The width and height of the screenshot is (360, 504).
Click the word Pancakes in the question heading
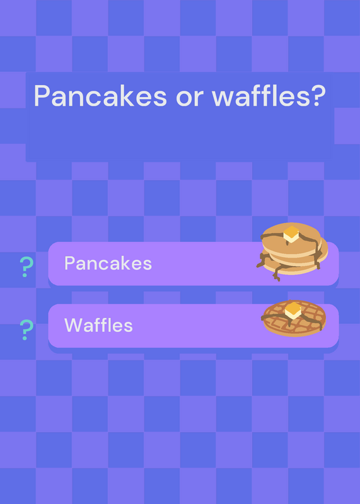click(100, 96)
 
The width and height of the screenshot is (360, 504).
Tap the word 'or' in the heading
click(190, 98)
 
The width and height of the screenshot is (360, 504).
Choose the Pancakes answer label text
click(108, 263)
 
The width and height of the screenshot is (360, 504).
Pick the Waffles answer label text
click(98, 325)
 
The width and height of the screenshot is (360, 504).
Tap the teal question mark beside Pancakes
click(26, 266)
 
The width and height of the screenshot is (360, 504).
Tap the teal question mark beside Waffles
click(26, 329)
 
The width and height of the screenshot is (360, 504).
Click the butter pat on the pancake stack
click(291, 234)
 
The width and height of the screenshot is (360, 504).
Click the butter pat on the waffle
click(293, 311)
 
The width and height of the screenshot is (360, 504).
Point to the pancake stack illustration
click(292, 251)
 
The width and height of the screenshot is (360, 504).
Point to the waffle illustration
click(294, 318)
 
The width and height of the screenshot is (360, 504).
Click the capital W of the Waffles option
click(74, 325)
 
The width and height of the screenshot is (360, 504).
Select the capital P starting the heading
click(42, 96)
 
